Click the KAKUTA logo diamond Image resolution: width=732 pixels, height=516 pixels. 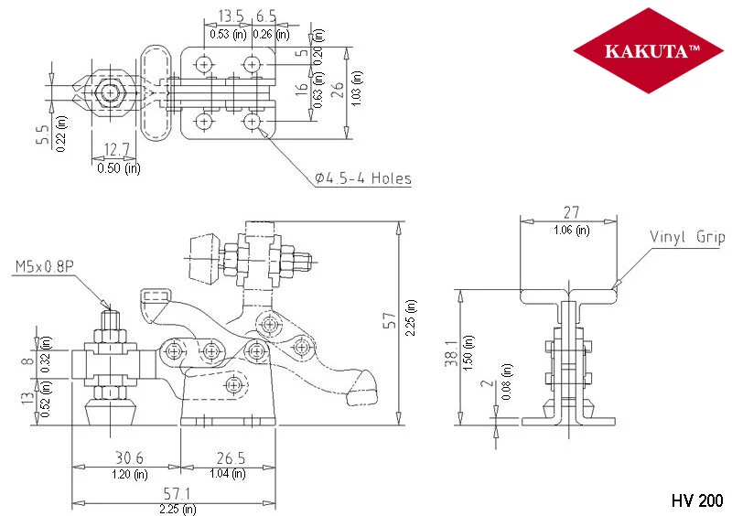coord(648,50)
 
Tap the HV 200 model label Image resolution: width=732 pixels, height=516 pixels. coord(697,500)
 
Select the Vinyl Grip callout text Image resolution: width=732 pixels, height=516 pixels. coord(687,237)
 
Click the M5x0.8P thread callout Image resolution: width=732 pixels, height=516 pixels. coord(44,266)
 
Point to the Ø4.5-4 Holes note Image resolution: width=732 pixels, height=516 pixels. coord(363,178)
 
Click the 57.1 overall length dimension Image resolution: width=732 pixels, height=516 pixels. coord(177,494)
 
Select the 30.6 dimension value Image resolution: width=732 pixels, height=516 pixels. coord(129,457)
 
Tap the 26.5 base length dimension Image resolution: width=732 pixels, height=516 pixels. coord(231,457)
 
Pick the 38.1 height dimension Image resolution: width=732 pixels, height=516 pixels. coord(451,353)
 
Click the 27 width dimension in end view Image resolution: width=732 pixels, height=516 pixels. coord(571,212)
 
